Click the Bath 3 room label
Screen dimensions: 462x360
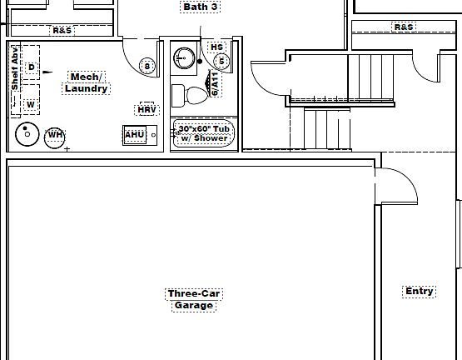201,7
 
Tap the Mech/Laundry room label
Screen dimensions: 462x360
86,83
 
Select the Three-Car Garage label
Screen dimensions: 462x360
194,299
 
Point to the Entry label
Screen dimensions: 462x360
420,291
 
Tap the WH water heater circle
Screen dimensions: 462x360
55,137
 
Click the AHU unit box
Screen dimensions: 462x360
140,135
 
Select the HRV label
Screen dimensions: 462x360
147,110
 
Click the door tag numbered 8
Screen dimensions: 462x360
147,66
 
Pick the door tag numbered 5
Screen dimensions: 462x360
221,62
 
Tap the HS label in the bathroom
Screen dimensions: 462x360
217,47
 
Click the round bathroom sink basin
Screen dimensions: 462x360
184,58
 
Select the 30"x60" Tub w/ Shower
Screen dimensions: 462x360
204,133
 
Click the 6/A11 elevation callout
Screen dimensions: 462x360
215,84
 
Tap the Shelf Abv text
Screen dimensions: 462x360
15,69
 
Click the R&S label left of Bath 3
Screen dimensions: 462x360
62,30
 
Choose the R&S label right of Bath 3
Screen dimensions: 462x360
404,27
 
